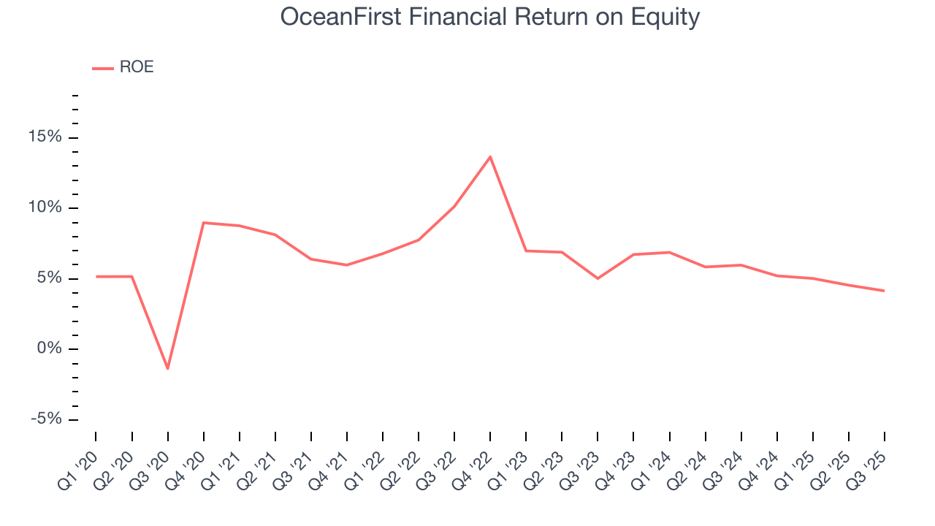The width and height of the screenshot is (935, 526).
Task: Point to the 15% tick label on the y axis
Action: [x=46, y=138]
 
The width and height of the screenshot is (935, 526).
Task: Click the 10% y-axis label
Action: [x=46, y=208]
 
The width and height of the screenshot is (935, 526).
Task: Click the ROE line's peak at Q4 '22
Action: [x=490, y=156]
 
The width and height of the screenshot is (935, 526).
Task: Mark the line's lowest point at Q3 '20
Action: [x=167, y=368]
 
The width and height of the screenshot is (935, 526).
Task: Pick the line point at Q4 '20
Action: [x=203, y=223]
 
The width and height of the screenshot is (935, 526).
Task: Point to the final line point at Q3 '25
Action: [x=885, y=291]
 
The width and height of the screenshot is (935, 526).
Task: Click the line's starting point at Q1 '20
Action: [x=96, y=276]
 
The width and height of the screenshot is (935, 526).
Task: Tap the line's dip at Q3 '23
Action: [x=598, y=278]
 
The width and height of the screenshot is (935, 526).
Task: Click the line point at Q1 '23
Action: [x=526, y=251]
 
